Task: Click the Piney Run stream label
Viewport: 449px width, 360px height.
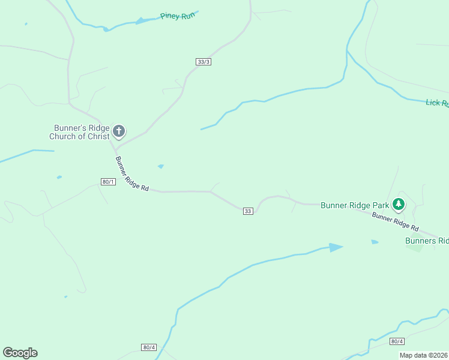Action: point(178,16)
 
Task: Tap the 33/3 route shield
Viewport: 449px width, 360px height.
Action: point(203,62)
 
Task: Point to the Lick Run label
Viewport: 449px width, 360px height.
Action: point(437,103)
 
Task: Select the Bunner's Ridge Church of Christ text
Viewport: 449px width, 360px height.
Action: point(81,132)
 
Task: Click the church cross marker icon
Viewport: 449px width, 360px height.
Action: point(119,131)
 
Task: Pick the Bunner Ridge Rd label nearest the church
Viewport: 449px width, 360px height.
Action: point(131,174)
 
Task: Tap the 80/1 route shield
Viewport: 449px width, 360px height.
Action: point(108,182)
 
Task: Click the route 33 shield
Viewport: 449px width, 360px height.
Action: point(248,211)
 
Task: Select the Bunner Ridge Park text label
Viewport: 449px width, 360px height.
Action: point(354,205)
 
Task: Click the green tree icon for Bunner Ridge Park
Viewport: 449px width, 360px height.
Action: point(398,205)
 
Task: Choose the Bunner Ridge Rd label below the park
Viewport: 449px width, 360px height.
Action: point(394,221)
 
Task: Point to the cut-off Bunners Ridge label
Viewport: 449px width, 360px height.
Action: point(427,241)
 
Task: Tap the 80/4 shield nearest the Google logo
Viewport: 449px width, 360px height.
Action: point(149,347)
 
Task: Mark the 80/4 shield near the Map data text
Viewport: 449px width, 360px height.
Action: point(397,341)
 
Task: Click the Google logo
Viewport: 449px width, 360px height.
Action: point(20,353)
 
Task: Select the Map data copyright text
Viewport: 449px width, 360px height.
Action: point(424,355)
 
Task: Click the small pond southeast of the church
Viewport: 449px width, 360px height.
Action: point(160,166)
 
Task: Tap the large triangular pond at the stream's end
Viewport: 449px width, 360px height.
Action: point(335,247)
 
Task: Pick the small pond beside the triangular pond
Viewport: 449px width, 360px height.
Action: point(375,242)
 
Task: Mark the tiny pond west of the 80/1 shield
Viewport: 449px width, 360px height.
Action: point(59,177)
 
